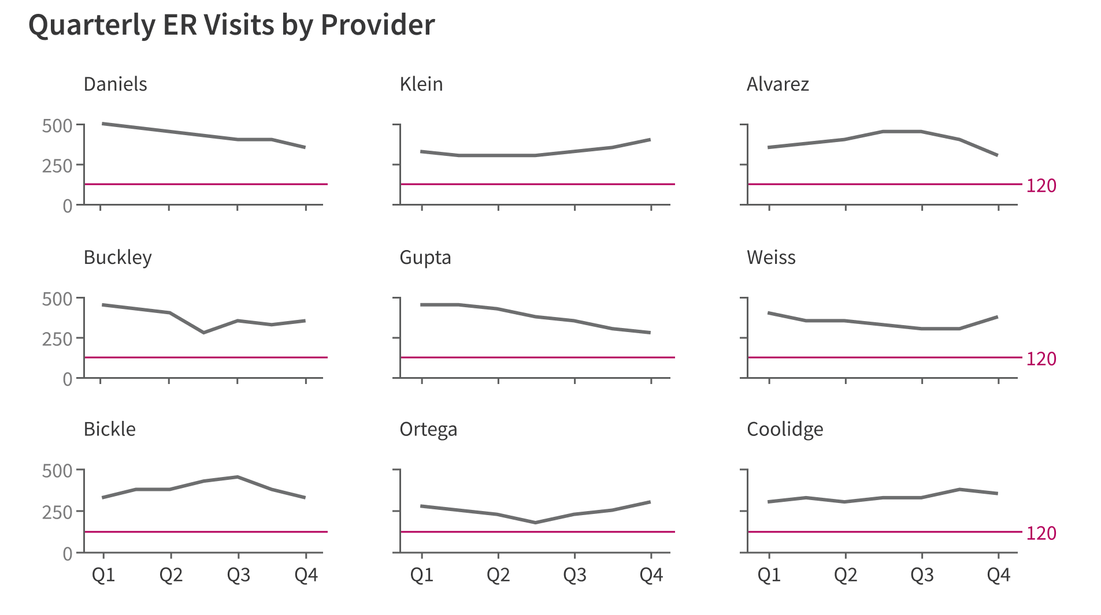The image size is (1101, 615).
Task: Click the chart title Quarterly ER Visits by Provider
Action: [x=231, y=25]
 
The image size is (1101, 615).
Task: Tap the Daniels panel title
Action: [x=115, y=84]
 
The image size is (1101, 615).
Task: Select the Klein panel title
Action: [x=421, y=84]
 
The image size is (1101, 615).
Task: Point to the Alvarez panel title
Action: [x=777, y=84]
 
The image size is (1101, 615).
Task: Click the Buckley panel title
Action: [x=117, y=258]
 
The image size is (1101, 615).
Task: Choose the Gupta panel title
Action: [x=425, y=258]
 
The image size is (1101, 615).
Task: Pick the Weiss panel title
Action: [x=770, y=258]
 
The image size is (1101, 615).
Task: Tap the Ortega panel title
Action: [x=428, y=430]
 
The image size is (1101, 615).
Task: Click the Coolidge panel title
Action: [x=784, y=430]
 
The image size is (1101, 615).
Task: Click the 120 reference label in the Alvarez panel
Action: [x=1041, y=185]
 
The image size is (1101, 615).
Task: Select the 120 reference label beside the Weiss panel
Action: [x=1041, y=359]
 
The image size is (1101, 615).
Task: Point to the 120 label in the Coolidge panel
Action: [x=1041, y=533]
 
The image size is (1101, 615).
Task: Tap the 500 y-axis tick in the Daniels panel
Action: [x=57, y=126]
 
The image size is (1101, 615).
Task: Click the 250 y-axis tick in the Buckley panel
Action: [x=57, y=339]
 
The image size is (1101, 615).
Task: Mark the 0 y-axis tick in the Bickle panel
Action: [x=67, y=554]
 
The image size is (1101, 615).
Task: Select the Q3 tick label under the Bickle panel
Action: [x=238, y=575]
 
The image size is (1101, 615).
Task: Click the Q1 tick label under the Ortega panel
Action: [x=421, y=575]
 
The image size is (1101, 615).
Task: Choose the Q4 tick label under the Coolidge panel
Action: [x=998, y=575]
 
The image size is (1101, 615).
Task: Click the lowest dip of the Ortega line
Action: [x=535, y=523]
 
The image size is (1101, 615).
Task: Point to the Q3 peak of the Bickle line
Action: [x=238, y=477]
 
